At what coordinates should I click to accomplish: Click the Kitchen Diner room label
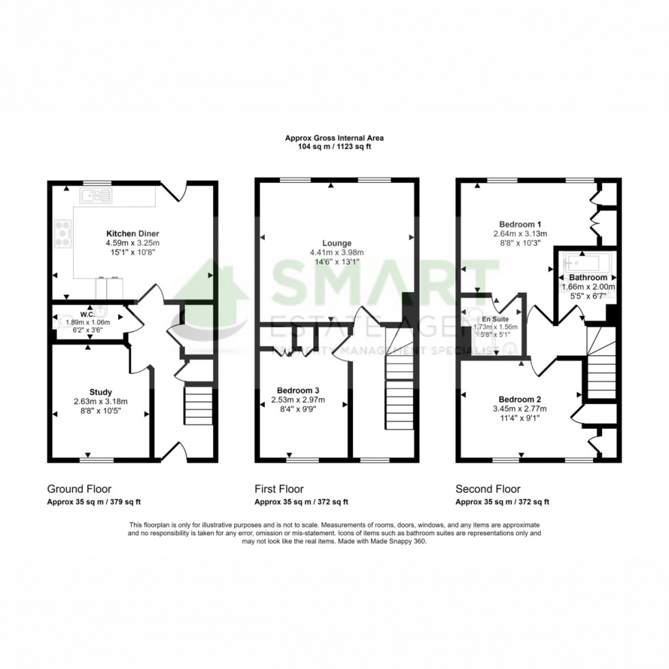point(132,233)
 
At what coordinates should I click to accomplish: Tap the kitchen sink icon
point(96,197)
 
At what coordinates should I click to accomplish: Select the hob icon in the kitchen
point(62,234)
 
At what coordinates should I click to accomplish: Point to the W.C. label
point(87,315)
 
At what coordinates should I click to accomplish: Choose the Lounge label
point(337,243)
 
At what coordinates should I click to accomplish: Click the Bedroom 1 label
point(520,224)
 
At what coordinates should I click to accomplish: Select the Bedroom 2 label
point(519,399)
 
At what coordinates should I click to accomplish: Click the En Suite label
point(495,319)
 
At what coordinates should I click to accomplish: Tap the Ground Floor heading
point(79,489)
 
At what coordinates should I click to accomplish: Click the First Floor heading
point(279,489)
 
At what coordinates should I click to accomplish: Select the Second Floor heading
point(488,489)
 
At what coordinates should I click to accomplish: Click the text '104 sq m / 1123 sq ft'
point(334,146)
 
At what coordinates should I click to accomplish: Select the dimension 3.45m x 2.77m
point(519,409)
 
